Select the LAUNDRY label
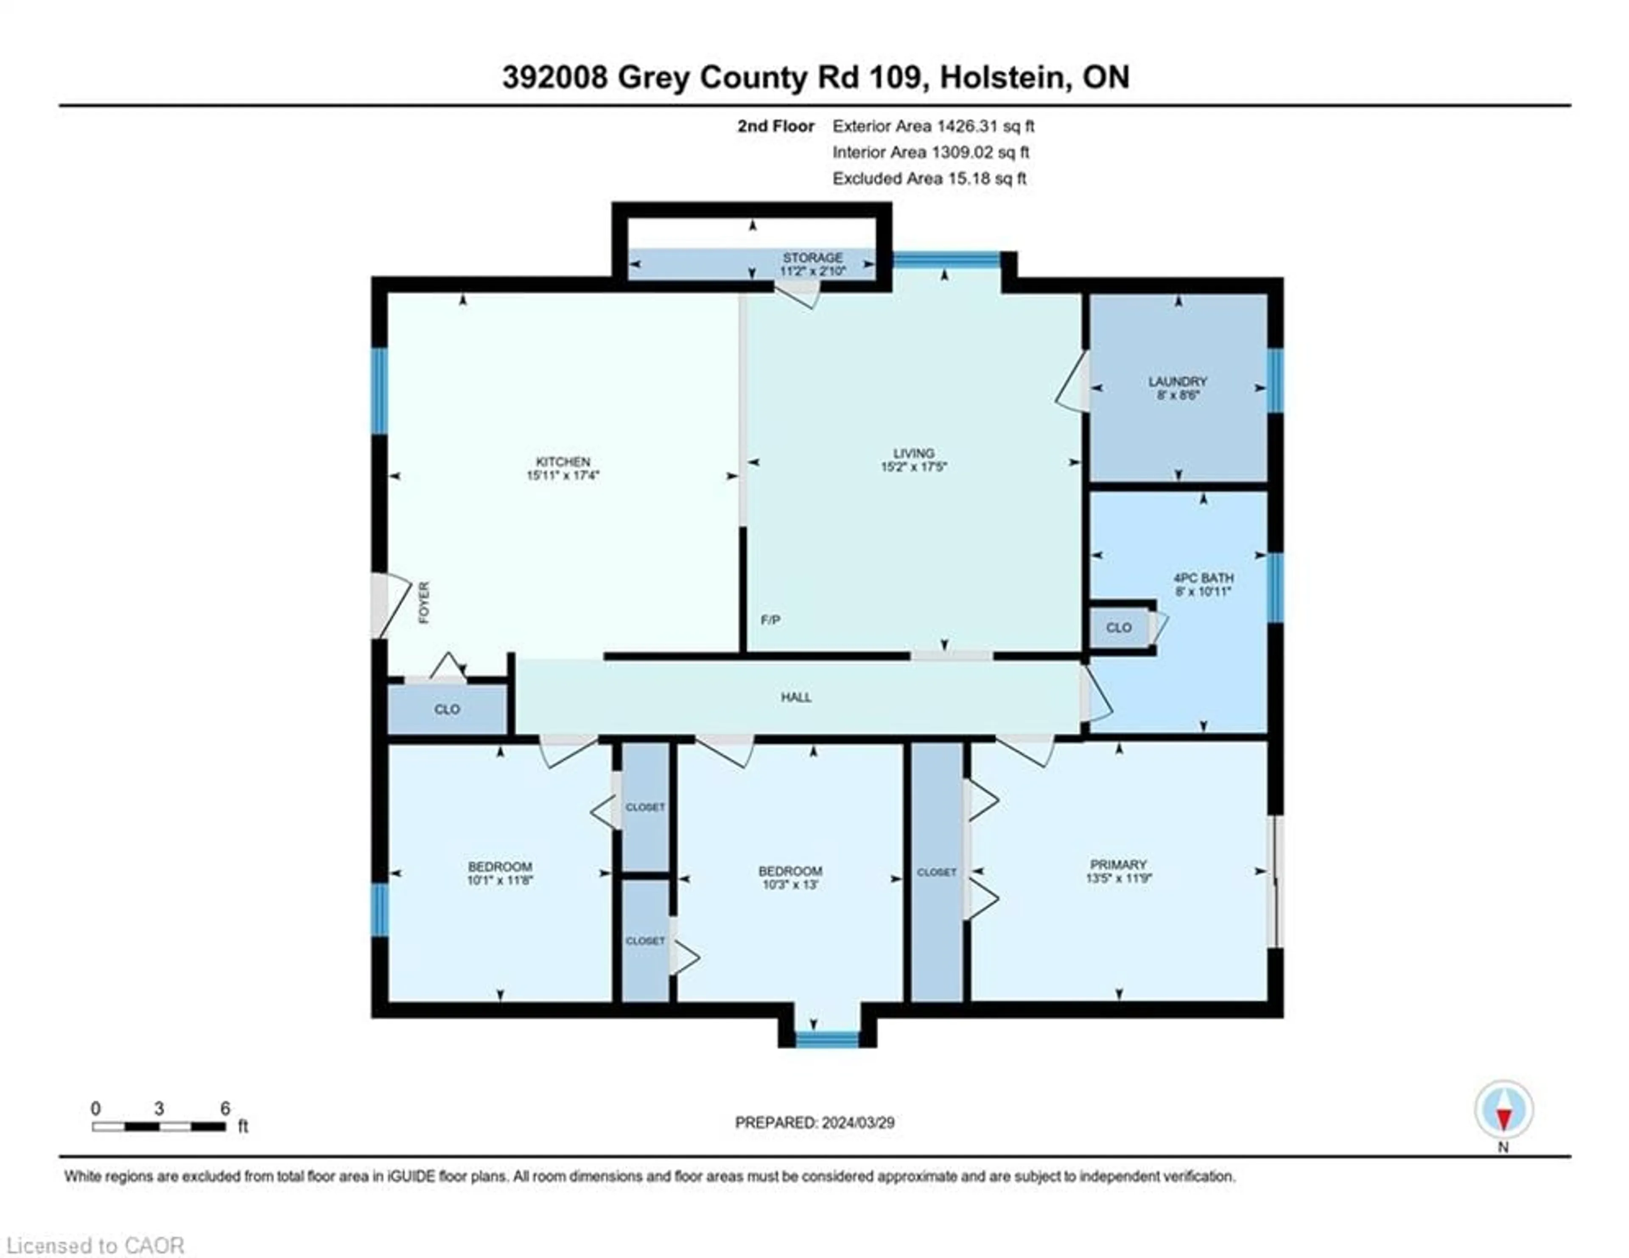[x=1177, y=381]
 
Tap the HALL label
[x=796, y=697]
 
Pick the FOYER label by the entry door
[x=424, y=603]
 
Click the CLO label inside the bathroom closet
[x=1118, y=627]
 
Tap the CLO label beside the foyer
[x=447, y=709]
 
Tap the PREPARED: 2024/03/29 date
[x=814, y=1122]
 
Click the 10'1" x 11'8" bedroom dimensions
[x=500, y=880]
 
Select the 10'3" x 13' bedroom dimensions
[x=790, y=885]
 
